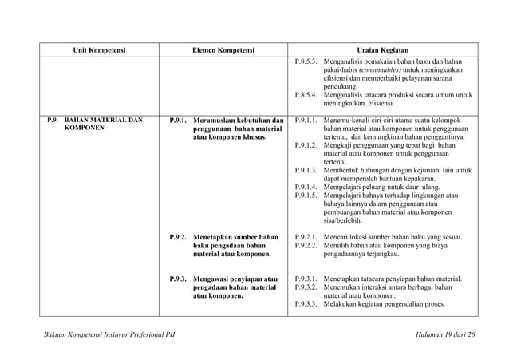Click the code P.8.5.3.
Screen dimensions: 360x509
(x=306, y=61)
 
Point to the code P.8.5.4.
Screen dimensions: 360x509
(x=306, y=94)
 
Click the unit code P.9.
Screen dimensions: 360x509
(x=53, y=121)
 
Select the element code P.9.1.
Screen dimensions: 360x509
(x=179, y=121)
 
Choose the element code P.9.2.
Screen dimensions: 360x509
(x=179, y=237)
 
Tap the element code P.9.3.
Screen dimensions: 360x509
(x=179, y=279)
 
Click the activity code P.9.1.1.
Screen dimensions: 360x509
(x=306, y=121)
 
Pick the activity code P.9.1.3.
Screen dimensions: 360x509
(x=306, y=170)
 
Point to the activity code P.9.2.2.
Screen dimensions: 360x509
(x=306, y=246)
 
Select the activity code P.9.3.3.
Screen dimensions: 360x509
(x=306, y=303)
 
